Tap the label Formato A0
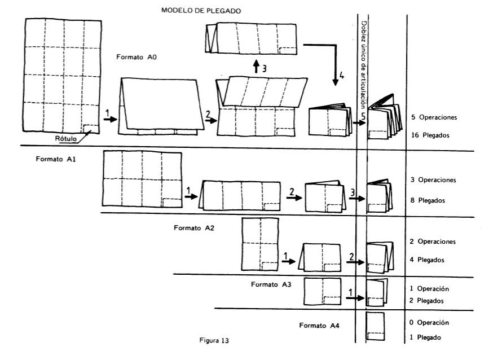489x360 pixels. coord(135,57)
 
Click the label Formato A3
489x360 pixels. coord(271,284)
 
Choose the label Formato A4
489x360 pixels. coord(320,326)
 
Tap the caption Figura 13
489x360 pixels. coord(214,341)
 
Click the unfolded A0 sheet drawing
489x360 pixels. coord(62,76)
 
